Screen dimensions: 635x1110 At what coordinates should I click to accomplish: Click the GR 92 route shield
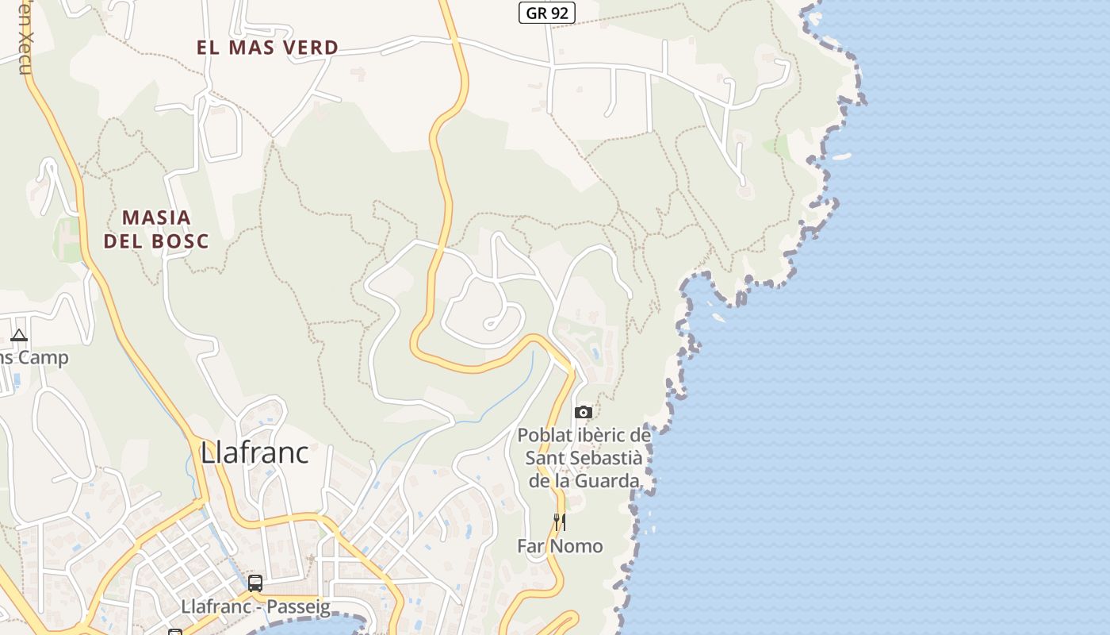tap(547, 13)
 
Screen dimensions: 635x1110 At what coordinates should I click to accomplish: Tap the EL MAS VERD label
tap(267, 48)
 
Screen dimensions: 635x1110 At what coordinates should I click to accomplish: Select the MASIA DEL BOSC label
tap(156, 229)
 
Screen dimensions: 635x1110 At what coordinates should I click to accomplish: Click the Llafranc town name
tap(255, 452)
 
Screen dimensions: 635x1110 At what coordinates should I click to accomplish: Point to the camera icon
tap(584, 412)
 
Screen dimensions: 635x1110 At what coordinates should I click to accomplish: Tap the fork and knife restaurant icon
tap(560, 521)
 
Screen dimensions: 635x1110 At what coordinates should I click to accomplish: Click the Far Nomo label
tap(560, 546)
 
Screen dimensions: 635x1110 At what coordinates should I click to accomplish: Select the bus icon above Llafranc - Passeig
tap(255, 583)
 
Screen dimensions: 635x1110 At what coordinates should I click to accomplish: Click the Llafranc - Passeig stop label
tap(255, 606)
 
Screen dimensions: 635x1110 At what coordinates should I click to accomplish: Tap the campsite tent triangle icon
tap(19, 336)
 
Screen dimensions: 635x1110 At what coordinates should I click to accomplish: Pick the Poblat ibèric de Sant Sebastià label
tap(584, 458)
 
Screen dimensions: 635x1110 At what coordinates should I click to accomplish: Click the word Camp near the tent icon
tap(44, 357)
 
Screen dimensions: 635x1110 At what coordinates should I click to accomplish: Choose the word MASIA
tap(156, 217)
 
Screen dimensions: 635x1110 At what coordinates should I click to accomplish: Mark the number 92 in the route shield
tap(558, 13)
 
